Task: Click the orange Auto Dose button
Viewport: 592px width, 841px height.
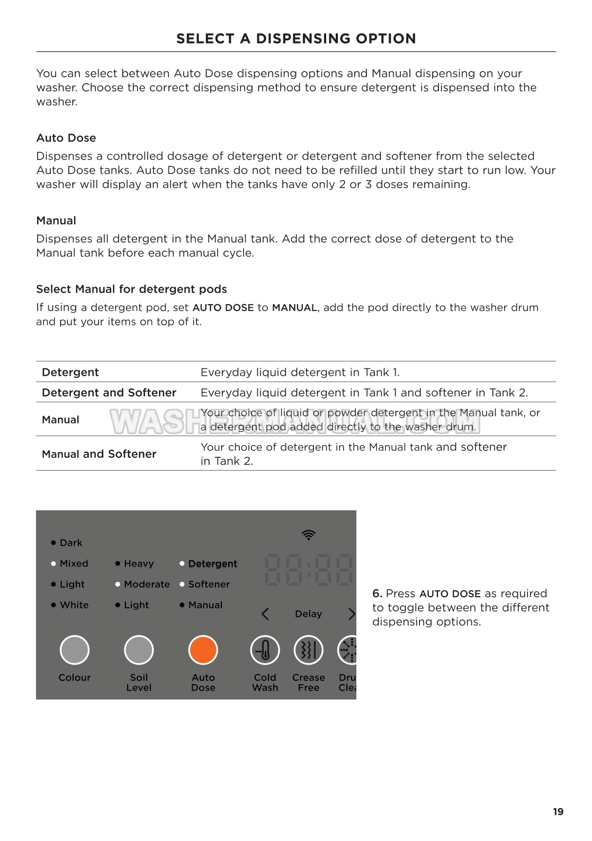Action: pos(203,650)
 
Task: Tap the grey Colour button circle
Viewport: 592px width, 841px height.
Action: pos(75,650)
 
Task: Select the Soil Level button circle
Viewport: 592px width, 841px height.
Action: pos(139,650)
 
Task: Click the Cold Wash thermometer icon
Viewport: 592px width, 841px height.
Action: pos(265,650)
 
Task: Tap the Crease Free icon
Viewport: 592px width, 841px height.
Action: pos(308,650)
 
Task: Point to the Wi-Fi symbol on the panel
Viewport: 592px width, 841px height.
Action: pos(308,535)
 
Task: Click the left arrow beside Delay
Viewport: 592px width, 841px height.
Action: pos(265,614)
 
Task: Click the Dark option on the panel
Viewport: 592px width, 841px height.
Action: pos(71,543)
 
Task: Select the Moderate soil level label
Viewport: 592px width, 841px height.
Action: pos(147,584)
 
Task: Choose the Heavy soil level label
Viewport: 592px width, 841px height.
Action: pos(139,563)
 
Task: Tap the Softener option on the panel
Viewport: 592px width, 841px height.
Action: pos(209,584)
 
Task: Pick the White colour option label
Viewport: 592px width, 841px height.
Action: pos(74,605)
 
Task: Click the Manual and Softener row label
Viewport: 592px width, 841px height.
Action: pos(99,454)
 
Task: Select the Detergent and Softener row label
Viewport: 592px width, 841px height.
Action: pos(109,393)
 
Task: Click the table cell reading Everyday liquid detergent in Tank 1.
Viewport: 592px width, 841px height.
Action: pos(300,373)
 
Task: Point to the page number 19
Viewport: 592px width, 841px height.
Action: pos(558,812)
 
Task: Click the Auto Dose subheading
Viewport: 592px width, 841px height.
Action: pos(66,138)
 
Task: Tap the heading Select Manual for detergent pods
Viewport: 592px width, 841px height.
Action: pos(131,289)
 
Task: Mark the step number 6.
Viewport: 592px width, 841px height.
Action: pos(377,594)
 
